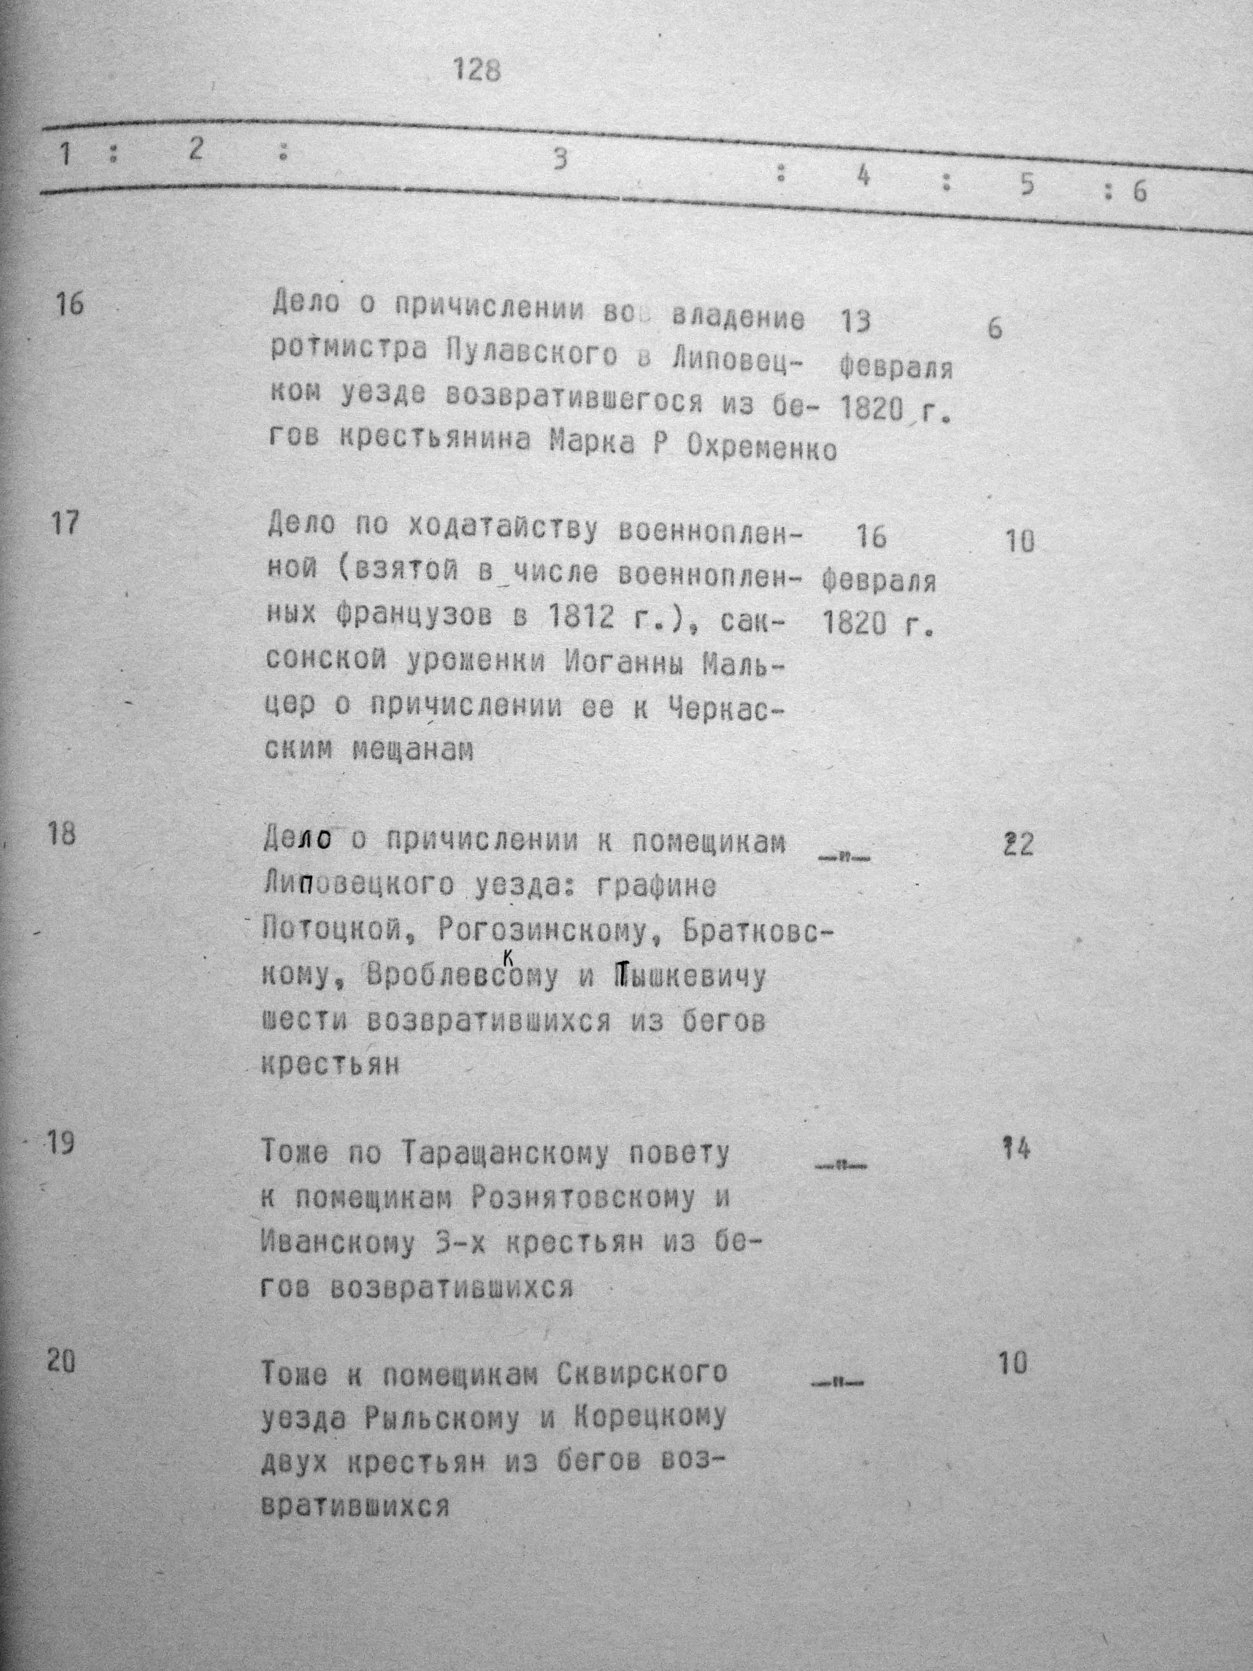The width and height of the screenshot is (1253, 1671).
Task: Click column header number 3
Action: (x=559, y=159)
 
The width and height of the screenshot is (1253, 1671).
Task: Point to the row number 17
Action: (x=66, y=522)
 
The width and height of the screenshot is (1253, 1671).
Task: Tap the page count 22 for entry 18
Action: (x=1016, y=845)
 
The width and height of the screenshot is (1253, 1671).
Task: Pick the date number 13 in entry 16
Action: (x=853, y=322)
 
